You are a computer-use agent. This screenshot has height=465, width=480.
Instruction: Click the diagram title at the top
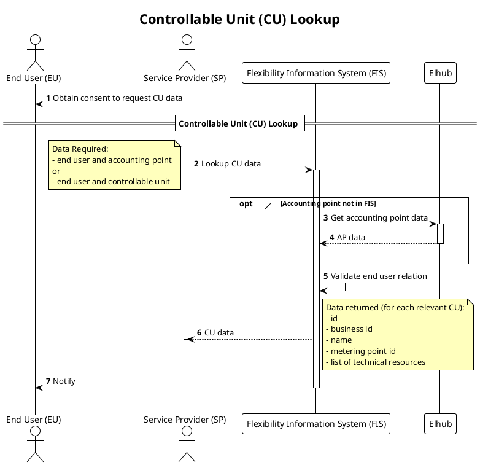239,20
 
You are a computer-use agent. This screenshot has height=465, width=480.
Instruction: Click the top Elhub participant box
439,74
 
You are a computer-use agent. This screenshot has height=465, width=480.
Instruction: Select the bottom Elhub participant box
439,424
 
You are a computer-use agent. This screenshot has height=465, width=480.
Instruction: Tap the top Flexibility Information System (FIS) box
316,74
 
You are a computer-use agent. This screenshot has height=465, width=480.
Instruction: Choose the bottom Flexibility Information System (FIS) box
316,424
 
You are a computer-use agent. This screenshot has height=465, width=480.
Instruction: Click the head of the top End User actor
34,41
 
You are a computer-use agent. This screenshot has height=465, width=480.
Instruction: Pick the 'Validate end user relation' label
379,276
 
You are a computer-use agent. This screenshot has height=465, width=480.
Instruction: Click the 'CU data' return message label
219,333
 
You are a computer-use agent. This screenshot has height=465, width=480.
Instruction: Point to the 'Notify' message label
64,381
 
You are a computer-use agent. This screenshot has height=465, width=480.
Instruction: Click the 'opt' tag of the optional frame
246,204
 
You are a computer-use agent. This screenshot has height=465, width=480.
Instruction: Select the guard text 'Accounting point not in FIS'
328,204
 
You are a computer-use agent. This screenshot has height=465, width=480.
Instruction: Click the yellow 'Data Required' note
115,165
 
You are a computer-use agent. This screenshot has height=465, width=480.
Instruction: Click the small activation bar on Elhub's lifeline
439,233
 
